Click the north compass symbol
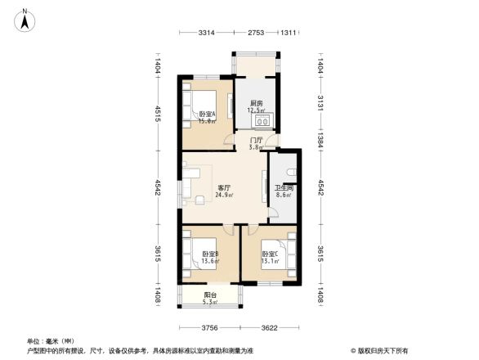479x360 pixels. (25, 17)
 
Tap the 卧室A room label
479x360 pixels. (207, 114)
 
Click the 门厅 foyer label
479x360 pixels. (256, 141)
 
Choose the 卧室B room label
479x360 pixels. (210, 254)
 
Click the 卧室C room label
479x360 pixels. (271, 254)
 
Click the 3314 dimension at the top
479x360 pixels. (206, 33)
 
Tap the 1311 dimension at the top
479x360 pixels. (288, 33)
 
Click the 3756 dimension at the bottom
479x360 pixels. (210, 328)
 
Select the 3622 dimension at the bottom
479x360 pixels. (270, 328)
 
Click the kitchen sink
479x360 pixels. (263, 122)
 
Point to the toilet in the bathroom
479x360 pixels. (292, 173)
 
